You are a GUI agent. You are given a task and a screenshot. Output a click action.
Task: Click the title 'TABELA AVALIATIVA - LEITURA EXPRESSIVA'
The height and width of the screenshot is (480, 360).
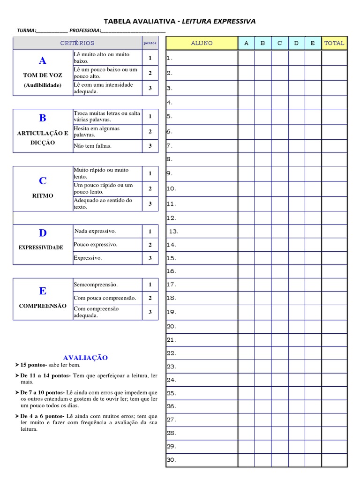click(180, 21)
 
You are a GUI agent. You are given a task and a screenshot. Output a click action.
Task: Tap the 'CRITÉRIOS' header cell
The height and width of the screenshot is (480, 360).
click(77, 43)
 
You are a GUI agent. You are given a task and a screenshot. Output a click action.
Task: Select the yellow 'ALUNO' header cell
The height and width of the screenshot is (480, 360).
click(202, 43)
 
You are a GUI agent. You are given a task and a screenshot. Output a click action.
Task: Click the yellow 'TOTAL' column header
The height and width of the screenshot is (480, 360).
click(334, 43)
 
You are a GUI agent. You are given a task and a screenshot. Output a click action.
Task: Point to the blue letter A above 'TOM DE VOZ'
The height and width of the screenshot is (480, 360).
click(43, 60)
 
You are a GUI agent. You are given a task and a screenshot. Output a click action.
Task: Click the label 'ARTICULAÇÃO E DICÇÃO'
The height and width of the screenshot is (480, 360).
click(43, 138)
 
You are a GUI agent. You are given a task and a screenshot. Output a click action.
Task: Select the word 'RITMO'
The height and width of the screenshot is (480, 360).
click(43, 195)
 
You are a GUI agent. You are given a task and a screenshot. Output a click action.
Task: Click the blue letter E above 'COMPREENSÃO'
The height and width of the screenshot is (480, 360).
click(43, 291)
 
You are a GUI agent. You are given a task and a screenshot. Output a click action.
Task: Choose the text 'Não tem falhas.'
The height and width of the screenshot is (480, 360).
click(92, 146)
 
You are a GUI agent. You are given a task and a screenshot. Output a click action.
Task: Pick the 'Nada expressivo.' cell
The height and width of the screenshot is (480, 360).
click(95, 231)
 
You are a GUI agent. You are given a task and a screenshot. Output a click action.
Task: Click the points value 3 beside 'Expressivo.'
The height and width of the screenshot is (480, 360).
click(150, 258)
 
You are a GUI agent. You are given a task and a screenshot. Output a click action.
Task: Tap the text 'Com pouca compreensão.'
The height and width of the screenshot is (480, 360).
click(105, 298)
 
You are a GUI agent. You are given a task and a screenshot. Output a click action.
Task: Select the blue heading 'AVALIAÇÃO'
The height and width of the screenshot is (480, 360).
click(85, 358)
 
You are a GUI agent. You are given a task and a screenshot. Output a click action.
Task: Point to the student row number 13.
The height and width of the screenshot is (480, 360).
click(173, 231)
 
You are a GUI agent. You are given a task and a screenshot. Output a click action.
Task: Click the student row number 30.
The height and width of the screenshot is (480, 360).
click(171, 460)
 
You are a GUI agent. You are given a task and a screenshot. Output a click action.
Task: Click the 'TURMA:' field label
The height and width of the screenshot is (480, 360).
click(26, 30)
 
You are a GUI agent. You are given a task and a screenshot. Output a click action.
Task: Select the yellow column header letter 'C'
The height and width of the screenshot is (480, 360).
click(279, 43)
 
